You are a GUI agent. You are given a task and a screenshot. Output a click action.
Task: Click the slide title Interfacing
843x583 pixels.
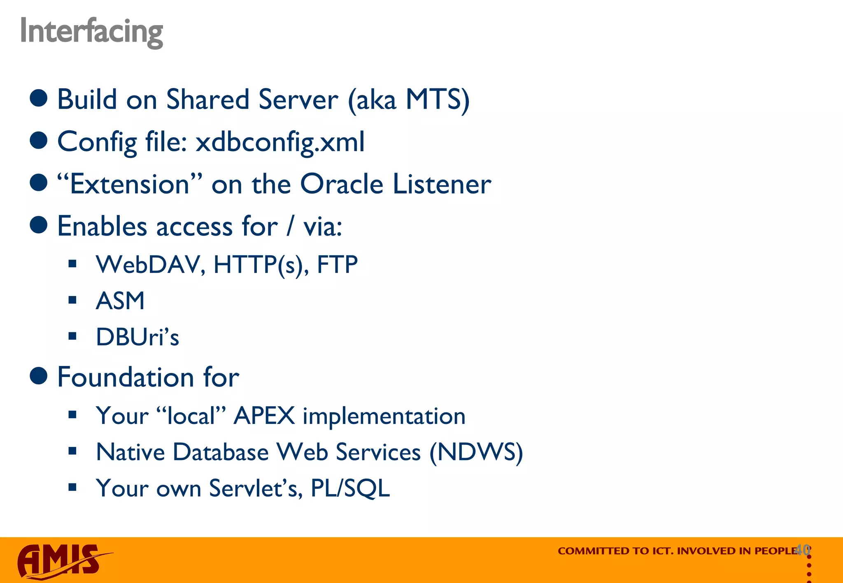(91, 31)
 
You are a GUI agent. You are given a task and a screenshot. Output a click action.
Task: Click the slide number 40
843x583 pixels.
(802, 549)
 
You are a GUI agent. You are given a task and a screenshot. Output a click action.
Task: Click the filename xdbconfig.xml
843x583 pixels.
(280, 142)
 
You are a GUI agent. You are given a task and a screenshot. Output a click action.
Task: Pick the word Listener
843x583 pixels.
(442, 184)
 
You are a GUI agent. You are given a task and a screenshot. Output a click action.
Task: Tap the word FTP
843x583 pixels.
(337, 264)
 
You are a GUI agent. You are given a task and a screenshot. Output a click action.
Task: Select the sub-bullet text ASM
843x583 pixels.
(120, 301)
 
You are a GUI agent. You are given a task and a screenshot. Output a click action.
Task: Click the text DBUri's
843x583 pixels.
(137, 337)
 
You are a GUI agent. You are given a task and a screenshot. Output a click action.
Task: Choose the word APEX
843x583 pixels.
(264, 416)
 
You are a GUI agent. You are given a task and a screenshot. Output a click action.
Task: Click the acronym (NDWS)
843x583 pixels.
(476, 452)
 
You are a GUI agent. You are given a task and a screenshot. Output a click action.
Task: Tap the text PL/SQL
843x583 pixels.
(350, 488)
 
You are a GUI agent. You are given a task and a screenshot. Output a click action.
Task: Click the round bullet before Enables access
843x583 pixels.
(39, 225)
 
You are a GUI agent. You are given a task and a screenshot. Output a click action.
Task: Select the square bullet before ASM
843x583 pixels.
(73, 300)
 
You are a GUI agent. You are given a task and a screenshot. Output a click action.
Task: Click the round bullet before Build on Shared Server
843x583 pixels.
(39, 99)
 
